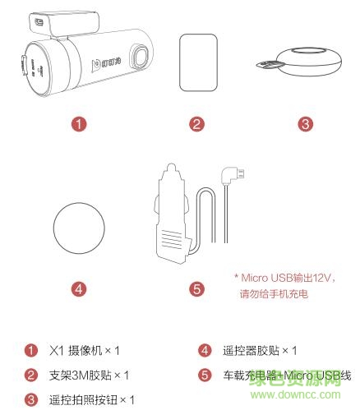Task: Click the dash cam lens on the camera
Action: [x=138, y=58]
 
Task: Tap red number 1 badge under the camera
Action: [x=79, y=125]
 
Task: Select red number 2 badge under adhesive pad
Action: [x=196, y=125]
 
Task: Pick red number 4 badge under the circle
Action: [x=79, y=289]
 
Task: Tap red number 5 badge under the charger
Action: [x=196, y=289]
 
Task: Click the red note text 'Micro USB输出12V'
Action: [x=283, y=278]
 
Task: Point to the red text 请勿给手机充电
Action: [x=273, y=293]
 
